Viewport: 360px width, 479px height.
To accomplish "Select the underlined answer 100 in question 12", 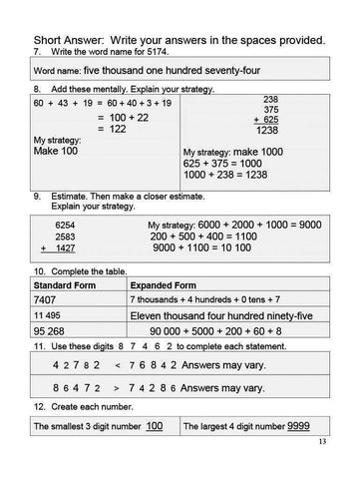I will click(x=155, y=427).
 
